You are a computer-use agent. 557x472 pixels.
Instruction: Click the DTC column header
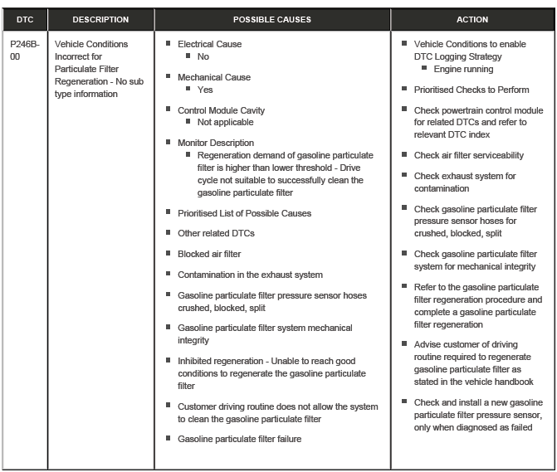(24, 19)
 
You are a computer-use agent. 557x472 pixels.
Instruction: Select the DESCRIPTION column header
(100, 19)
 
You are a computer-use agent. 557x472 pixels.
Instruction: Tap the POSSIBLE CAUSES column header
(271, 19)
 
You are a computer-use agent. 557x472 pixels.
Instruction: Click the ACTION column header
(472, 19)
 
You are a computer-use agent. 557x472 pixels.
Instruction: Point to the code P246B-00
(24, 50)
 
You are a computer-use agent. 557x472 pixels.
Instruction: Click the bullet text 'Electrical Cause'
(209, 44)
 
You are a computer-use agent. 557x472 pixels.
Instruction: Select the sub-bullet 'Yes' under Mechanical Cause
(205, 90)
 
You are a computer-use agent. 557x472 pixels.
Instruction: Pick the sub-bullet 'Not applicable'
(226, 122)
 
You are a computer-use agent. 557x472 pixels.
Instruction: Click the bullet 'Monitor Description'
(216, 143)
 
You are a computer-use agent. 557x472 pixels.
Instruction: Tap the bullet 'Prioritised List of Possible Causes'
(244, 213)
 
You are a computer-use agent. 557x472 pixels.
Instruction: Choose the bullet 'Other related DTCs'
(216, 233)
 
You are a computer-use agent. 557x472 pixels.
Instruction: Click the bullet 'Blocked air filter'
(209, 254)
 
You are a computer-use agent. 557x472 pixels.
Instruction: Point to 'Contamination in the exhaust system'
(250, 275)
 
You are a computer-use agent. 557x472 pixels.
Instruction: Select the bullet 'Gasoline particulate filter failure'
(239, 439)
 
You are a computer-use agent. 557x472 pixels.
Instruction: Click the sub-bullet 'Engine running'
(463, 69)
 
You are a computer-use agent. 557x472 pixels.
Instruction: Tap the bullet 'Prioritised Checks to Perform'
(471, 90)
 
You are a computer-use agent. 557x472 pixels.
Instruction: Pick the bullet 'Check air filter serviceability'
(469, 155)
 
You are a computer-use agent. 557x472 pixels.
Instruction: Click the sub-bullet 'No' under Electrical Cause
(203, 56)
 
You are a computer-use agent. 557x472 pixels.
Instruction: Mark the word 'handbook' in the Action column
(513, 382)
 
